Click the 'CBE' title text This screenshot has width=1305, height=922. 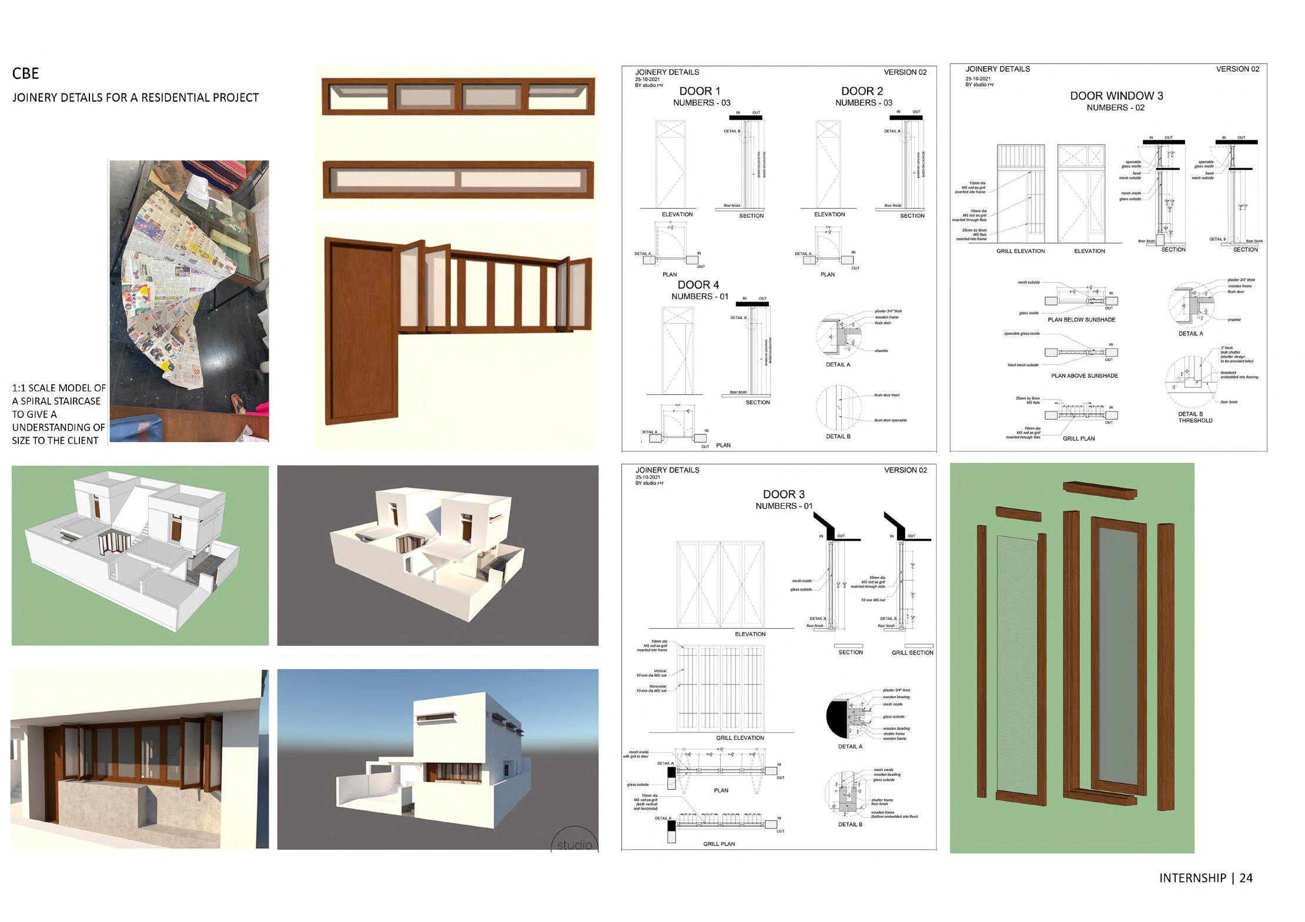(x=25, y=73)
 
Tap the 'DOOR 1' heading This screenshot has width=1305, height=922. (x=700, y=91)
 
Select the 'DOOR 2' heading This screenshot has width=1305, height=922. (x=862, y=91)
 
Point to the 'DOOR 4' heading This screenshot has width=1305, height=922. (x=698, y=285)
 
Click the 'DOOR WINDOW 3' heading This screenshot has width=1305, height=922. (x=1116, y=96)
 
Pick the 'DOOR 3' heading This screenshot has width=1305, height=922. (x=784, y=494)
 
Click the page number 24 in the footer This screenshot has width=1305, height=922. (x=1246, y=878)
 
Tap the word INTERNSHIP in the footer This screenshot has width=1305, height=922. (x=1192, y=878)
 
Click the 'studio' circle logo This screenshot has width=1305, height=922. (x=574, y=840)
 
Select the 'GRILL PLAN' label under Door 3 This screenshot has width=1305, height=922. (x=719, y=844)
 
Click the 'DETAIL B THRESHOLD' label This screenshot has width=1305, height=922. (x=1195, y=417)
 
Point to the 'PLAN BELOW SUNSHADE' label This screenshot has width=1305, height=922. (x=1081, y=320)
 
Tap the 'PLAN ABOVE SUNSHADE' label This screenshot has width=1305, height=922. (x=1084, y=375)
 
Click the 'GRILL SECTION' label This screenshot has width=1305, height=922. (x=912, y=652)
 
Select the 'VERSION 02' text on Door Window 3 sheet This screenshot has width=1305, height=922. (x=1237, y=69)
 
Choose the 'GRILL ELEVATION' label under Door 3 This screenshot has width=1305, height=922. (x=739, y=737)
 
